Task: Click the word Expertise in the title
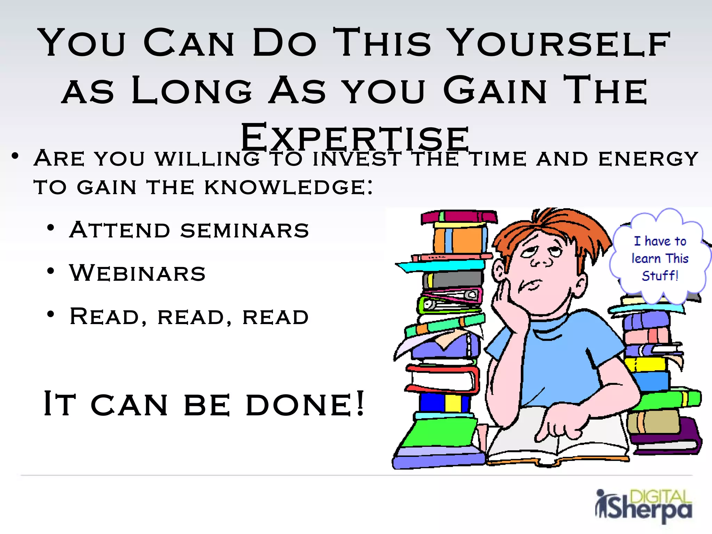point(355,138)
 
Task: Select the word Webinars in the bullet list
point(137,273)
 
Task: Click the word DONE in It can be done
point(305,404)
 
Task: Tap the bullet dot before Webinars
point(51,271)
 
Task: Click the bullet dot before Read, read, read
point(51,314)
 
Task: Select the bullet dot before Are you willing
point(15,156)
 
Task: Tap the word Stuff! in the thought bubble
point(660,276)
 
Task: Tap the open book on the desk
point(556,442)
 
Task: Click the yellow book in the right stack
point(645,364)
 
